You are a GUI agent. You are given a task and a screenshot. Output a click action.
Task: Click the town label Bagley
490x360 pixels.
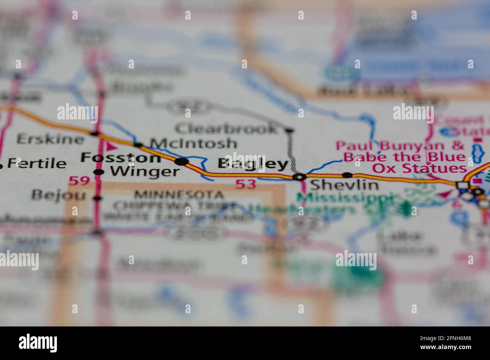pos(253,164)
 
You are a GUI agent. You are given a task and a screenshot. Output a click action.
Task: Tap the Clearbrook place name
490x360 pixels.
pos(226,129)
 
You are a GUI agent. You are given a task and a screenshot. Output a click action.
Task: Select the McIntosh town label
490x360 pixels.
pos(193,143)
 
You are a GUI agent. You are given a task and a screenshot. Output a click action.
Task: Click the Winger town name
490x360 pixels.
pos(144,172)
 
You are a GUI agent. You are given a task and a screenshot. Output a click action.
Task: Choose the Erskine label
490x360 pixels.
pos(50,139)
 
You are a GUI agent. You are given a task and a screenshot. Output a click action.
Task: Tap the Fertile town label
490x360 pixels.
pos(37,163)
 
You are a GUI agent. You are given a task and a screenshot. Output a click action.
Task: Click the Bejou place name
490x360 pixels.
pos(58,195)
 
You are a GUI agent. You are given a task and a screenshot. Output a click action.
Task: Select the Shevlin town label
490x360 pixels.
pos(344,185)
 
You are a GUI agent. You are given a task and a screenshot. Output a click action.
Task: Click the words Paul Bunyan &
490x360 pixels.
pos(400,145)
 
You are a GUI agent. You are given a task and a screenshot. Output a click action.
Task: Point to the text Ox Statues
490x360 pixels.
pos(419,168)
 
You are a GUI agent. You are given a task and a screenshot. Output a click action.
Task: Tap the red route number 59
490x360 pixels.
pos(79,182)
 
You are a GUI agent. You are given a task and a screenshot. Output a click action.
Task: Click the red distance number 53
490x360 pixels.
pos(246,184)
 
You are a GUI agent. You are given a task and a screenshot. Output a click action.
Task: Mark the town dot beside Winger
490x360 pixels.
pos(98,172)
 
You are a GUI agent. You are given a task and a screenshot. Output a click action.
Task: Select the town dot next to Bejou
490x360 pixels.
pos(98,198)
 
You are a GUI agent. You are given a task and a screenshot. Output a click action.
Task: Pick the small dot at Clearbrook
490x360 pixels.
pos(289,131)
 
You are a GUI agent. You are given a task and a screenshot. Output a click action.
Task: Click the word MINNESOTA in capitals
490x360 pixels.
pos(179,195)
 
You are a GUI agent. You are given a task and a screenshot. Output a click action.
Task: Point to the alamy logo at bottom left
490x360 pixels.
pos(38,343)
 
